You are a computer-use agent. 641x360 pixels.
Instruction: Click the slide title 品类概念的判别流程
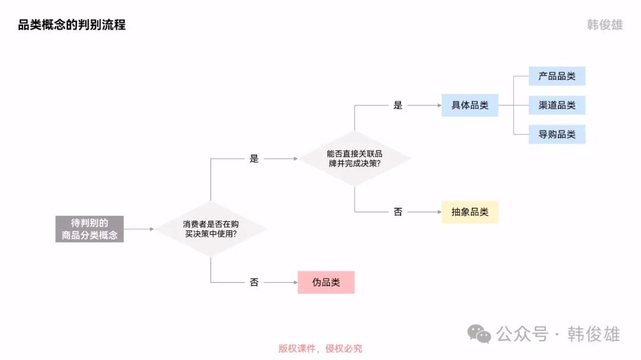[x=72, y=25]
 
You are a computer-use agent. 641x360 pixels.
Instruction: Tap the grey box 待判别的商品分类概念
[x=90, y=229]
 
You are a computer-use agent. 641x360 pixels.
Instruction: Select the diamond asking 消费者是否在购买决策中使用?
[x=210, y=229]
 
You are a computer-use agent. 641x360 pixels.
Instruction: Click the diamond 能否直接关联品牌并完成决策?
[x=354, y=158]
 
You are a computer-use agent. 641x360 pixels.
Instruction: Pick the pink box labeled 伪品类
[x=326, y=282]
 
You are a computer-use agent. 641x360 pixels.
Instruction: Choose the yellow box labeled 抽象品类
[x=469, y=212]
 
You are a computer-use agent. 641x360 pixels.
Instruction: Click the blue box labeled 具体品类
[x=469, y=106]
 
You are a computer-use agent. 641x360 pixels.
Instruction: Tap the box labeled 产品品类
[x=557, y=77]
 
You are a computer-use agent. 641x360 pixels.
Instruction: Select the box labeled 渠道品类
[x=557, y=106]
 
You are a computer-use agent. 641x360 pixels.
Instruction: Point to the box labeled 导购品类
[x=557, y=135]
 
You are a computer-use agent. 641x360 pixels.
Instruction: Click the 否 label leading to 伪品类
[x=254, y=282]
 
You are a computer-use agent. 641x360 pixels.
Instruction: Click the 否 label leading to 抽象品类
[x=398, y=212]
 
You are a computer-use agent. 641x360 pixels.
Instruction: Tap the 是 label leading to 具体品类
[x=398, y=106]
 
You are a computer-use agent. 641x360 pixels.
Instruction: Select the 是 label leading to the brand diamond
[x=254, y=159]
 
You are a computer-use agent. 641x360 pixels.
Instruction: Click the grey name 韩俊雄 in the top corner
[x=605, y=26]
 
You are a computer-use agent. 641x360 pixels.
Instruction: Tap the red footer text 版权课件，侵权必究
[x=320, y=349]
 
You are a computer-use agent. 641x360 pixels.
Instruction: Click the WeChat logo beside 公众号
[x=479, y=334]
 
